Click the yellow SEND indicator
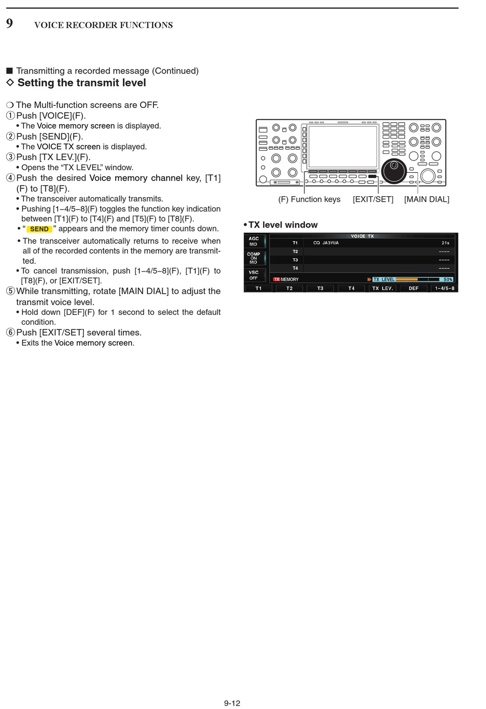39,229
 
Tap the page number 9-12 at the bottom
232,703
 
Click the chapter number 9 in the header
10,24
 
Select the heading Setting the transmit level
81,83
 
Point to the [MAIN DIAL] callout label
426,199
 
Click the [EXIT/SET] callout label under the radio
373,199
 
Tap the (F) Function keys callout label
309,199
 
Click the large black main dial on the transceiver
393,171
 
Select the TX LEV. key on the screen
382,288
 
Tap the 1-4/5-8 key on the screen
444,288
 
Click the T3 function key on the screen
320,288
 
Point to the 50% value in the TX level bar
448,280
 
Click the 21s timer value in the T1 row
445,243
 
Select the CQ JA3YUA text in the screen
326,243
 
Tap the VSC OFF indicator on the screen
254,275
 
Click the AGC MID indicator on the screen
254,241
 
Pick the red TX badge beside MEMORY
276,280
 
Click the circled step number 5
10,291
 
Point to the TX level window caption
282,225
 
